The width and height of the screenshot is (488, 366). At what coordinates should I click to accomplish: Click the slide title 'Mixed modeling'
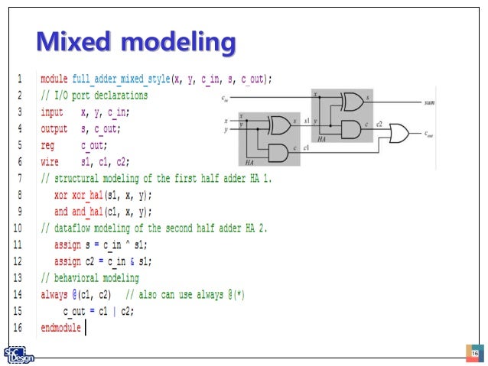[135, 42]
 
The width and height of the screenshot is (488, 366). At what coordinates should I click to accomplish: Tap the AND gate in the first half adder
[278, 151]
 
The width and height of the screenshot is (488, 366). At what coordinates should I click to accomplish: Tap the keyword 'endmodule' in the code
[60, 328]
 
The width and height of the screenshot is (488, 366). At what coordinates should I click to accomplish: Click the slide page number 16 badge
[473, 353]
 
